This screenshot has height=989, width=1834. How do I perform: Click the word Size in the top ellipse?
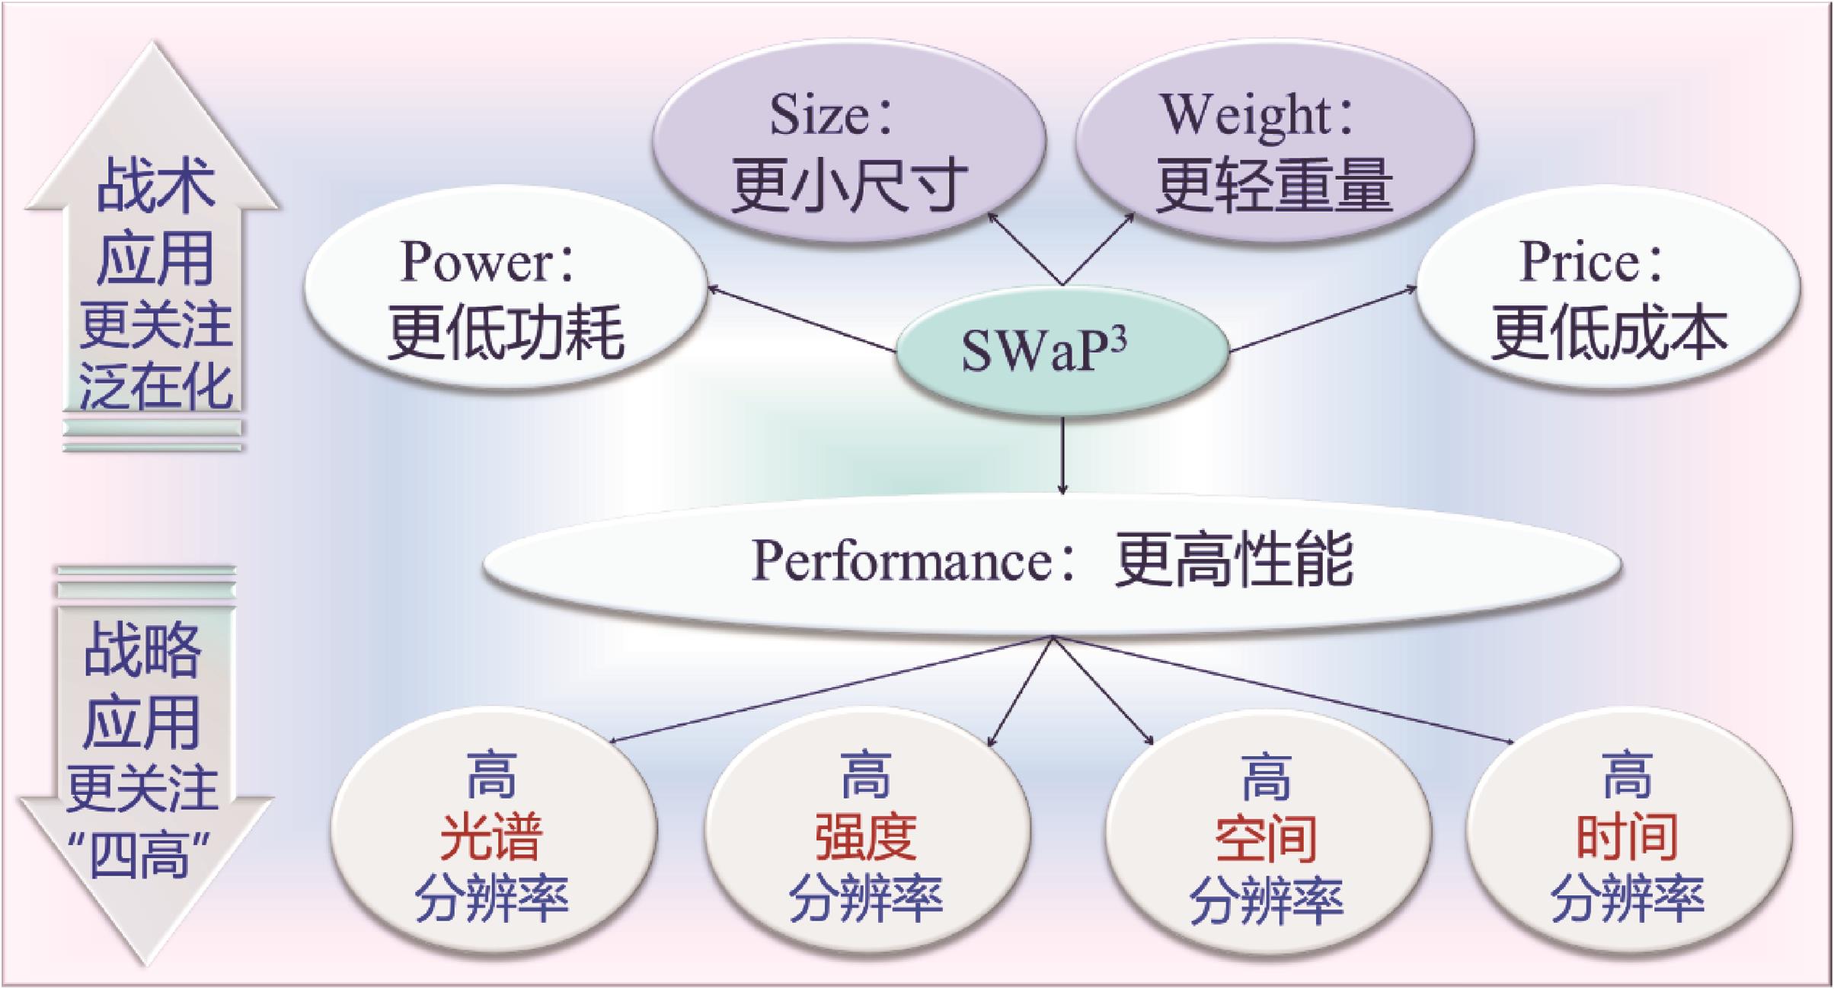pyautogui.click(x=818, y=116)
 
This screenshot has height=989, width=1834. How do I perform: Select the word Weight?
pyautogui.click(x=1244, y=116)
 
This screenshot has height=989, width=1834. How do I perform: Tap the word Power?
pyautogui.click(x=476, y=262)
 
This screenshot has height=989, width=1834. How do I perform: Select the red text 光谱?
pyautogui.click(x=491, y=837)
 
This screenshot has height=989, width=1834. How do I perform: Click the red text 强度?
pyautogui.click(x=866, y=837)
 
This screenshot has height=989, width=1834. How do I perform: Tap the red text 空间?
pyautogui.click(x=1266, y=837)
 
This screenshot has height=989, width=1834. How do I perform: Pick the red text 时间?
pyautogui.click(x=1627, y=837)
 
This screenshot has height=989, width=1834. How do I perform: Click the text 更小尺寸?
pyautogui.click(x=849, y=185)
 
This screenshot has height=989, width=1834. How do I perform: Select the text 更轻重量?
pyautogui.click(x=1274, y=185)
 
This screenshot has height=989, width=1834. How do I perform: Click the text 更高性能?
pyautogui.click(x=1234, y=561)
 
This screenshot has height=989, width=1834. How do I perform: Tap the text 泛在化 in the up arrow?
pyautogui.click(x=155, y=386)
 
